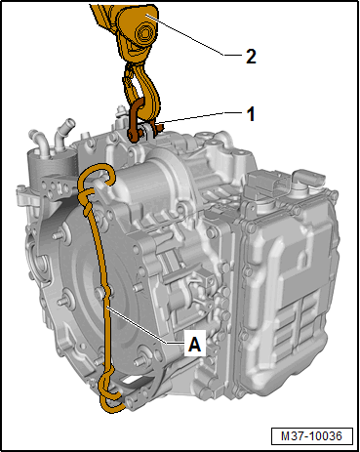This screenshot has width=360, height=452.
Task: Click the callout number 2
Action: point(251,57)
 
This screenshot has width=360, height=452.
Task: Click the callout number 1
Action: point(251,114)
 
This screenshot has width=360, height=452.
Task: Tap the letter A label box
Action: point(195,343)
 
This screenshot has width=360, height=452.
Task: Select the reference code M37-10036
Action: point(311,435)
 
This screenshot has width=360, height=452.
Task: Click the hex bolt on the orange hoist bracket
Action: point(144,33)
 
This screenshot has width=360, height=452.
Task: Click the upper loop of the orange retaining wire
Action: point(96,178)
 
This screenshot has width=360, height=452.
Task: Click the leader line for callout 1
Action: point(192,117)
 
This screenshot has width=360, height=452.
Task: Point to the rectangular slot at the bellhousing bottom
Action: point(134,379)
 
